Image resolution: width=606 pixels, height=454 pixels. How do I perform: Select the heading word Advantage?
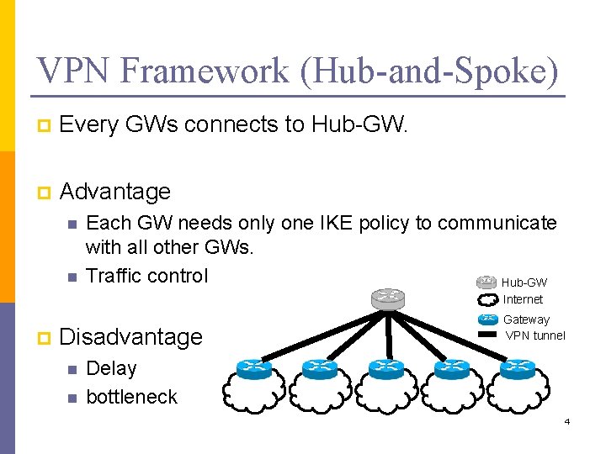pyautogui.click(x=115, y=192)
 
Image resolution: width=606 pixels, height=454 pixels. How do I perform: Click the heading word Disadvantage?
pyautogui.click(x=132, y=337)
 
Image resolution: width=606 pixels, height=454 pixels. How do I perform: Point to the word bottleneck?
pyautogui.click(x=132, y=397)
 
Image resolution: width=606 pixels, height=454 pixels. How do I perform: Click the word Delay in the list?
pyautogui.click(x=112, y=368)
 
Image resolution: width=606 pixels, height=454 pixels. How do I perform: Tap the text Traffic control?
pyautogui.click(x=147, y=276)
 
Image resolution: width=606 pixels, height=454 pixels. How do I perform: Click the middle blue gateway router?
pyautogui.click(x=386, y=368)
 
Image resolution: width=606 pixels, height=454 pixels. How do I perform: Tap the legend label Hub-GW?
pyautogui.click(x=524, y=283)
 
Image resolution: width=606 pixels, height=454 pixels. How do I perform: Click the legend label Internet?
pyautogui.click(x=523, y=299)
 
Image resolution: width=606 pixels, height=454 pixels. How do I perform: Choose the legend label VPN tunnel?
pyautogui.click(x=535, y=335)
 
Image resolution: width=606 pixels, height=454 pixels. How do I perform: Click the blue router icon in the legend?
pyautogui.click(x=487, y=319)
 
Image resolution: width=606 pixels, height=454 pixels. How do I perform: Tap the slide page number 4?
pyautogui.click(x=567, y=420)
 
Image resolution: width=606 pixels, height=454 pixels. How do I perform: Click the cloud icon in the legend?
pyautogui.click(x=487, y=299)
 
